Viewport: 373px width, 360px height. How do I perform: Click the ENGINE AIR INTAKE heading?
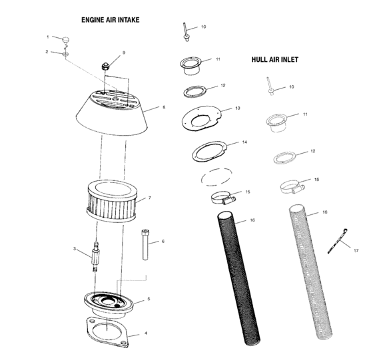click(x=110, y=20)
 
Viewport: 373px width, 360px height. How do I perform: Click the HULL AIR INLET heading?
click(x=274, y=59)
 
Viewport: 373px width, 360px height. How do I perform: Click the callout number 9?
click(x=123, y=53)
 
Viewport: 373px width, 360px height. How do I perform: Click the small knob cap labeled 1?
click(x=65, y=40)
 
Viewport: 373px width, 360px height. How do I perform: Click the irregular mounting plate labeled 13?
click(x=203, y=118)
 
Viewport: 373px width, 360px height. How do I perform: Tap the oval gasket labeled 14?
click(x=210, y=151)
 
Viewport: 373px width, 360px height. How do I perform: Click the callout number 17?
click(x=356, y=251)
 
